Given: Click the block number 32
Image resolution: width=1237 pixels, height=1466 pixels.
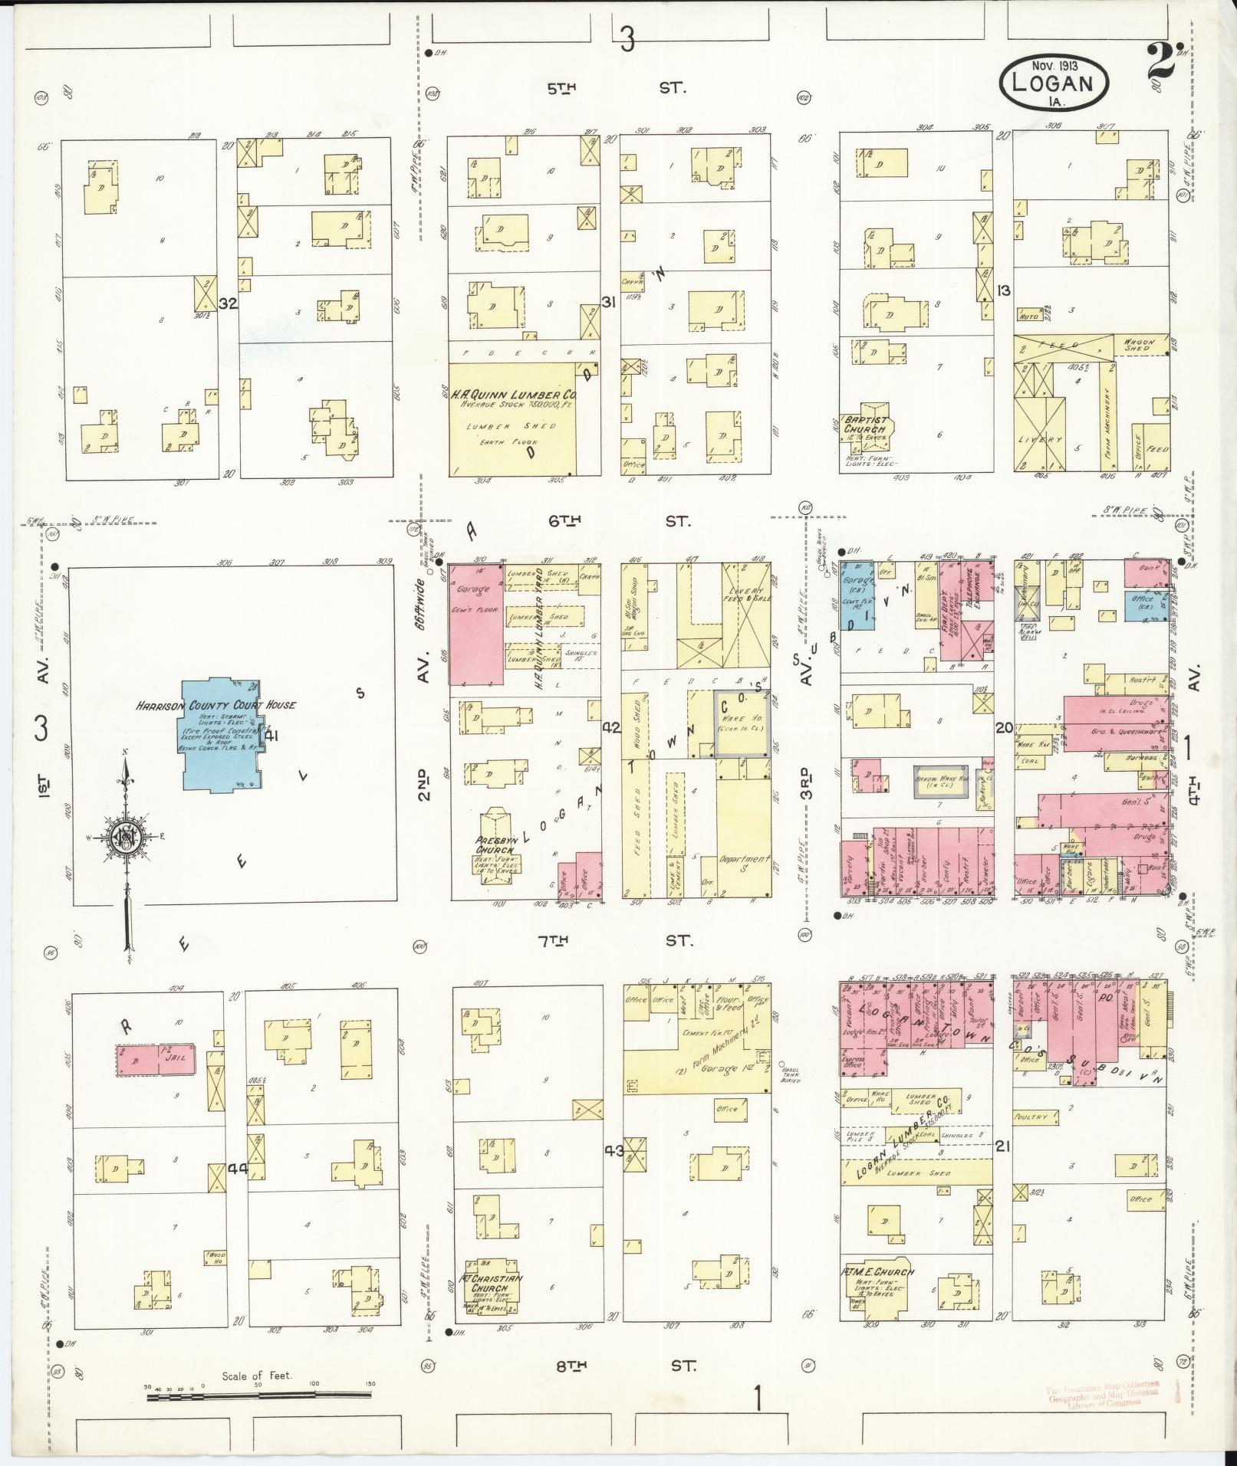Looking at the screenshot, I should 228,303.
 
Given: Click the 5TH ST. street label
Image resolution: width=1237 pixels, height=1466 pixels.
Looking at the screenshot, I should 616,88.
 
